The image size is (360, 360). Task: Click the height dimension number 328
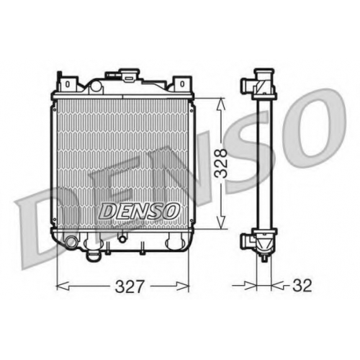tap(221, 163)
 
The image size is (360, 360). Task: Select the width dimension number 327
tap(130, 287)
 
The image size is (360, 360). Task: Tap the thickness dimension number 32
tap(302, 286)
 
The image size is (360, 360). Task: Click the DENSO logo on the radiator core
tap(139, 211)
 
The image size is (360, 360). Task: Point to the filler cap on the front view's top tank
tap(130, 73)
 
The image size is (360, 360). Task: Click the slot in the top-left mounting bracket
tap(68, 84)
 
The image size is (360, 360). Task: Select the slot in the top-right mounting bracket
tap(182, 84)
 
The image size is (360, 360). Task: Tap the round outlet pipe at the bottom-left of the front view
tap(70, 241)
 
